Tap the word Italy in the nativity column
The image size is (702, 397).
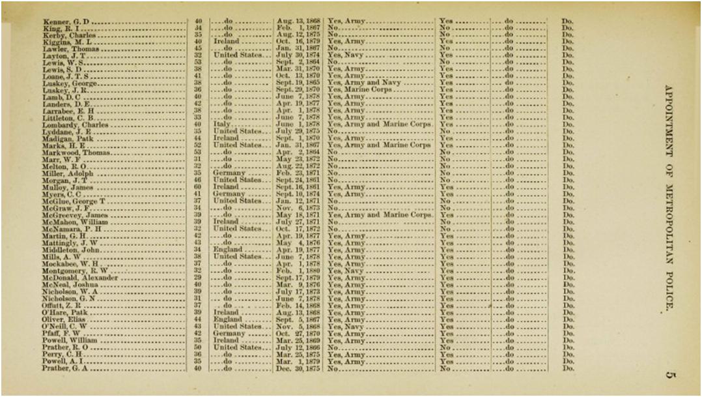coord(223,125)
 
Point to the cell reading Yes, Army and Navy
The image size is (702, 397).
coord(363,83)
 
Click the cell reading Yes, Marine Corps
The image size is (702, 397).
coord(359,90)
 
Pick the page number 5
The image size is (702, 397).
coord(671,374)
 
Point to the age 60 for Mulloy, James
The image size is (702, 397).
coord(198,186)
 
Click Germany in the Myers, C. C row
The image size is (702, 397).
coord(229,194)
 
